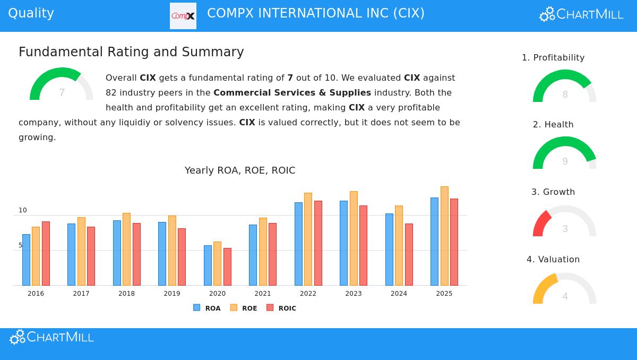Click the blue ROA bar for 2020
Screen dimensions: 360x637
click(208, 265)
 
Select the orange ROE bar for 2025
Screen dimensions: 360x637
click(444, 236)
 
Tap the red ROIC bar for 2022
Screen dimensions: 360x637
click(318, 243)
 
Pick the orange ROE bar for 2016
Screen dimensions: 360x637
click(36, 256)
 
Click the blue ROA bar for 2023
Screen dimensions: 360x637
click(343, 243)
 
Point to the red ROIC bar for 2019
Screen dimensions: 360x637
click(182, 257)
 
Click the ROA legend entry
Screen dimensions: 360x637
click(207, 308)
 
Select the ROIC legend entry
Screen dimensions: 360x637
click(281, 308)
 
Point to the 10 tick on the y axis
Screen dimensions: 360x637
click(23, 210)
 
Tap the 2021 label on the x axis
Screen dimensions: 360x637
click(263, 294)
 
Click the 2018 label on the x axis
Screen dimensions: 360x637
click(126, 294)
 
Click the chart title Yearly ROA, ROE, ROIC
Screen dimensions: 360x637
click(240, 170)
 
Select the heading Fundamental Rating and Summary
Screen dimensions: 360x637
click(131, 52)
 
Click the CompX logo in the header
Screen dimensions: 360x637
click(183, 16)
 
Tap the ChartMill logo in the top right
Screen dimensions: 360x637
click(581, 14)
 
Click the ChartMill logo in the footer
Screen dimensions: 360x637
click(51, 337)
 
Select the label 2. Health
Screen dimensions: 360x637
click(553, 125)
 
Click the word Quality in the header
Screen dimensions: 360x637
click(31, 13)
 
